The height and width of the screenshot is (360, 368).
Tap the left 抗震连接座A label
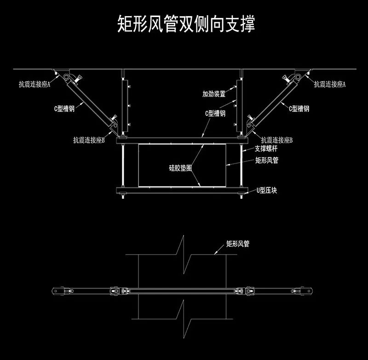click(34, 85)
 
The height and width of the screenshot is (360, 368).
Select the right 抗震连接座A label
click(330, 84)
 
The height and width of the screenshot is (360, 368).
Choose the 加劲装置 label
click(214, 94)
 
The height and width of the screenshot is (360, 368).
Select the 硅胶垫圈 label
click(180, 168)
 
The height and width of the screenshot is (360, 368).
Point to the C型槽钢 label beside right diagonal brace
click(299, 109)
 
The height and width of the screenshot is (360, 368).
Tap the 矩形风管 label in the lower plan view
click(237, 244)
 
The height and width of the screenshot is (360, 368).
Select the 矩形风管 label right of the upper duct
click(267, 161)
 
